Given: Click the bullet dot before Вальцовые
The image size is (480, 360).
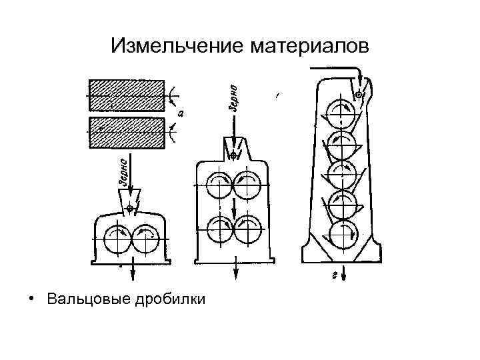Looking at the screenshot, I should pos(31,298).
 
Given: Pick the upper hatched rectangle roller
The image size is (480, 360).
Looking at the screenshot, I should pos(127,95).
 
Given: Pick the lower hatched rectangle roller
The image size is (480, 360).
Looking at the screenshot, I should pos(127,133).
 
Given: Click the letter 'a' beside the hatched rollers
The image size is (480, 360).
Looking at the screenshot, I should pos(181,114).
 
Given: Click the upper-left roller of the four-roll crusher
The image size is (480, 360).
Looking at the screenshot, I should pos(219,186).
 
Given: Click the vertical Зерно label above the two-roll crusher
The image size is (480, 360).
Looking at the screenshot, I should pos(124,172).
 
